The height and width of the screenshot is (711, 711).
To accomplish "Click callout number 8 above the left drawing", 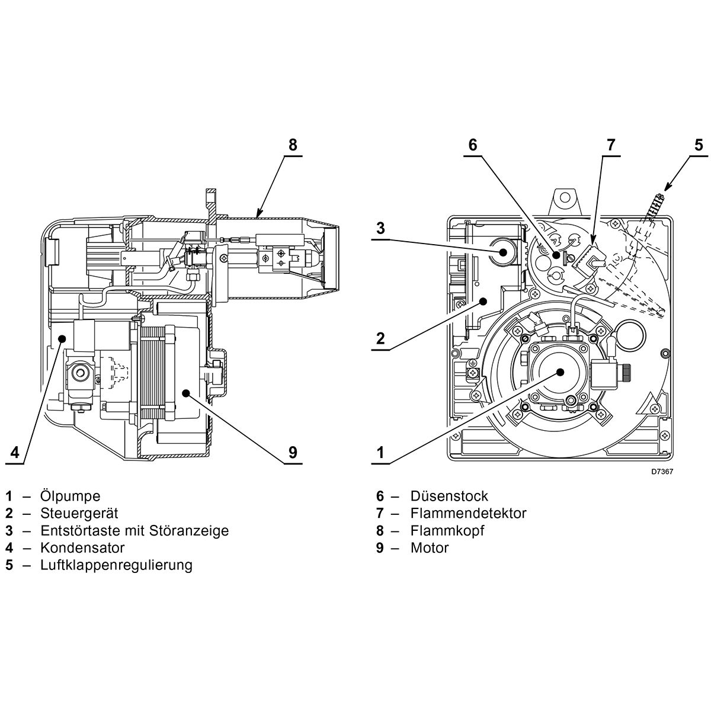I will coord(292,145).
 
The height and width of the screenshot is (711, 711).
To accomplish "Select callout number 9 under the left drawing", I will coord(292,453).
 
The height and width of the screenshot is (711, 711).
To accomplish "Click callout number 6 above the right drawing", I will coord(472,145).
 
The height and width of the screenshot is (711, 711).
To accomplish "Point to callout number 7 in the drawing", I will coord(611,145).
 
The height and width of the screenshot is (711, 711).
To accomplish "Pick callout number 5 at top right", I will coord(699,145).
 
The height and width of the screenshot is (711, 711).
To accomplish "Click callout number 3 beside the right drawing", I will coord(380,228).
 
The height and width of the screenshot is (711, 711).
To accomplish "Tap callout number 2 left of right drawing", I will coord(380,338).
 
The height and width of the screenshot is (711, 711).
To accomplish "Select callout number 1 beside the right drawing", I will coord(380,453).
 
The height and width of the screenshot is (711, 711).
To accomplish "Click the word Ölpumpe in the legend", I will coord(70,496).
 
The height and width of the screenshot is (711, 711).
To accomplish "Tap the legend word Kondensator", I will coord(82,547).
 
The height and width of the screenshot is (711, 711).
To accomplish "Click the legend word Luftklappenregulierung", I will coord(116,565).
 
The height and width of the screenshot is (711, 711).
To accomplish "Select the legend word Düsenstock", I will coord(449,496).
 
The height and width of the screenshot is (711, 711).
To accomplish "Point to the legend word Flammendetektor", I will coord(468,513).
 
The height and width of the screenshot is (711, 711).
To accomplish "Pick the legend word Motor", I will coord(430,547).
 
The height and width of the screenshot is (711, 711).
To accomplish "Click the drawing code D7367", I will coord(662,472).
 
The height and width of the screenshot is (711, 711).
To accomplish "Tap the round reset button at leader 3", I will coord(503,252).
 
